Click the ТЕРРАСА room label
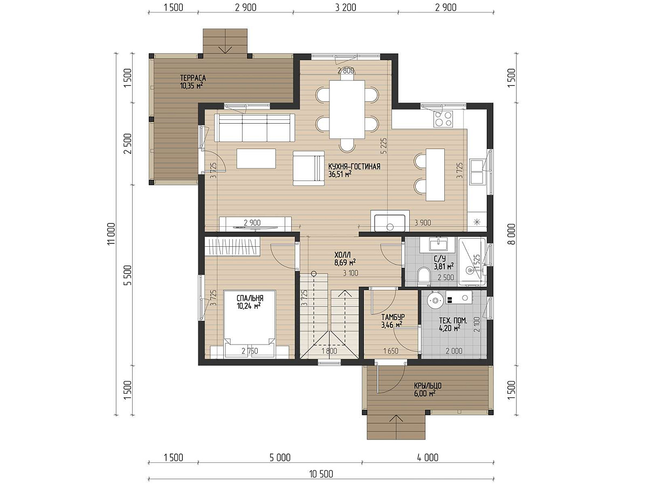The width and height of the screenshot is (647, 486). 193,78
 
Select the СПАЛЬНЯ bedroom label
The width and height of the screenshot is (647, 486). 250,298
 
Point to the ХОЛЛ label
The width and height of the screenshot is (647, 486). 342,255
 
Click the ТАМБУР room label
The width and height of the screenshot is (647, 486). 393,317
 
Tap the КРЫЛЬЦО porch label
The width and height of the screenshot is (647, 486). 428,386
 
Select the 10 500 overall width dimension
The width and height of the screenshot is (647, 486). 321,474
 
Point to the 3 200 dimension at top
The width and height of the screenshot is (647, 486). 346,8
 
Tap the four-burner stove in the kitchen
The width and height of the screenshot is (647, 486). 443,119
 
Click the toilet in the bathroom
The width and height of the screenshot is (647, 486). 424,276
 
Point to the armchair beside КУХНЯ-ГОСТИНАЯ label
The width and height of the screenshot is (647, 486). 308,168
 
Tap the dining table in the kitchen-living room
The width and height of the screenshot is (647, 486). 347,109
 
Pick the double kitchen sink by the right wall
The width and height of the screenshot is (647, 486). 477,172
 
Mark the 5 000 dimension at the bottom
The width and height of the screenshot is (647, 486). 280,458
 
